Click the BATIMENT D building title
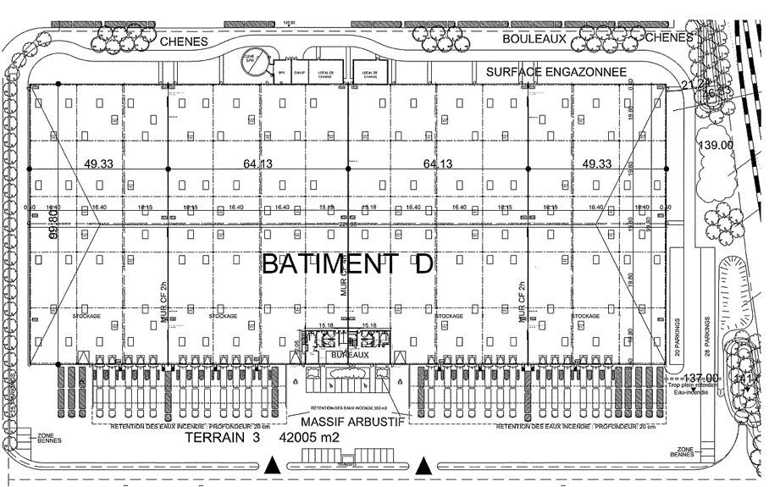point(347,263)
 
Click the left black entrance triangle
point(272,464)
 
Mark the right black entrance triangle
point(423,464)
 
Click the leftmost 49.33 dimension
point(98,163)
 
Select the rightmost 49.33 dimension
point(598,163)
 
